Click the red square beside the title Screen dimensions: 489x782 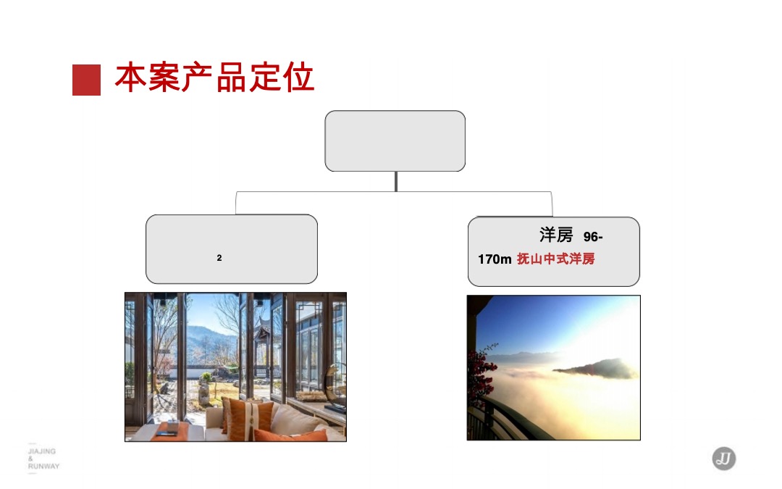[x=86, y=80]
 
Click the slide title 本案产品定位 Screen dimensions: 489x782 [x=214, y=77]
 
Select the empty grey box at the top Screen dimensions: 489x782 [x=395, y=141]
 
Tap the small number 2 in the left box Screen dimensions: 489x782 [x=219, y=257]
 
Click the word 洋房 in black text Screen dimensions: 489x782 [x=556, y=235]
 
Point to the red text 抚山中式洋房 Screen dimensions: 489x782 [x=556, y=259]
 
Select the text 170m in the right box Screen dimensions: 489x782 [x=495, y=259]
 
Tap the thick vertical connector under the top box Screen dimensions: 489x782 [x=395, y=181]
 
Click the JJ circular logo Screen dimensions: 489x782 [x=723, y=459]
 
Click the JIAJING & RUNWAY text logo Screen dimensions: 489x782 [x=43, y=459]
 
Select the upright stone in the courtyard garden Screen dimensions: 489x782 [x=204, y=392]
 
